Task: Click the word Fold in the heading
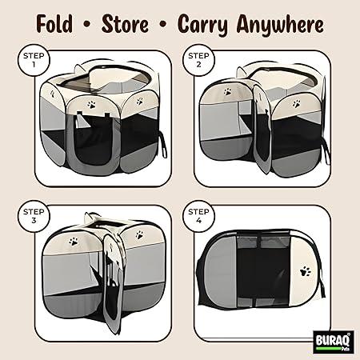pyautogui.click(x=54, y=24)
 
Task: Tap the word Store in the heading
pyautogui.click(x=125, y=24)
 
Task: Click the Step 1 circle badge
pyautogui.click(x=34, y=60)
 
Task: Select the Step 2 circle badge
pyautogui.click(x=198, y=60)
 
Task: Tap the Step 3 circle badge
pyautogui.click(x=34, y=216)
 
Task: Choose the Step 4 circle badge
pyautogui.click(x=198, y=216)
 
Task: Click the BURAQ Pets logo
pyautogui.click(x=334, y=342)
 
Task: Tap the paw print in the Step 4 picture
pyautogui.click(x=306, y=272)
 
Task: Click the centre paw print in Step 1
pyautogui.click(x=91, y=104)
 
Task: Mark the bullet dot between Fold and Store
pyautogui.click(x=86, y=25)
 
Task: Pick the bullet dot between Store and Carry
pyautogui.click(x=163, y=25)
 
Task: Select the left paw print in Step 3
pyautogui.click(x=74, y=242)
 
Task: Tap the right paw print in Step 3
pyautogui.click(x=139, y=235)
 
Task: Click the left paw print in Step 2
pyautogui.click(x=227, y=92)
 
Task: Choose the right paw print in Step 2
pyautogui.click(x=296, y=103)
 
